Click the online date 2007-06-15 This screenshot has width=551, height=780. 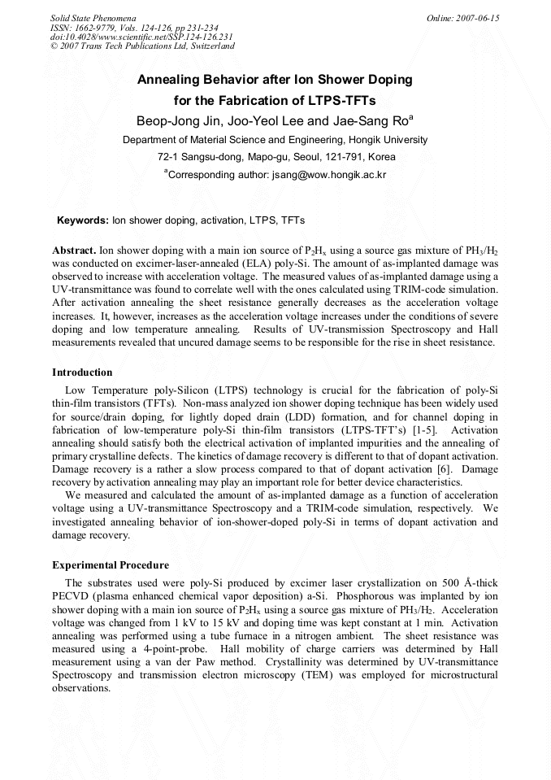479,17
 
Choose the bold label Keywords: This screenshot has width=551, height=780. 82,220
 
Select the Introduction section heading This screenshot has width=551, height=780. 82,373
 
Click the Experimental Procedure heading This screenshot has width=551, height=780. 111,565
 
